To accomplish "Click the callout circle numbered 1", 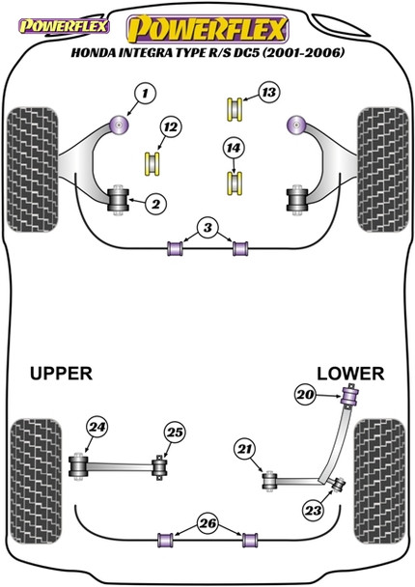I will pyautogui.click(x=144, y=94).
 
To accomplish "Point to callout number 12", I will pyautogui.click(x=170, y=127).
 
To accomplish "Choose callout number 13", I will pyautogui.click(x=267, y=93).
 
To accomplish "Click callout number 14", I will pyautogui.click(x=232, y=148).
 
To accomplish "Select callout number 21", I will pyautogui.click(x=244, y=449).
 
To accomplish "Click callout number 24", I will pyautogui.click(x=97, y=426).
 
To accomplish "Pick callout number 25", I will pyautogui.click(x=175, y=433).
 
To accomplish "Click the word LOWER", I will pyautogui.click(x=349, y=373).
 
